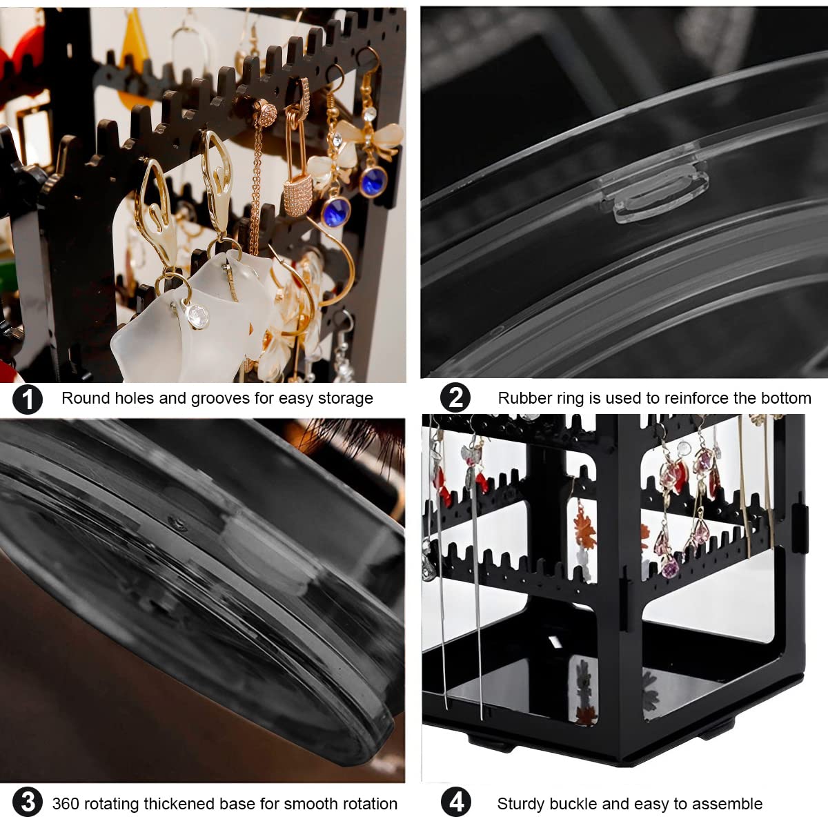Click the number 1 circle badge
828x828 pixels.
pos(28,400)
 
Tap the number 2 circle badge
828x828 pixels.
pos(455,398)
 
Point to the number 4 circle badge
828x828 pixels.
pos(456,802)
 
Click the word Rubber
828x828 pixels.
pos(520,398)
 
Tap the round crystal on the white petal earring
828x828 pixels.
pos(198,317)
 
